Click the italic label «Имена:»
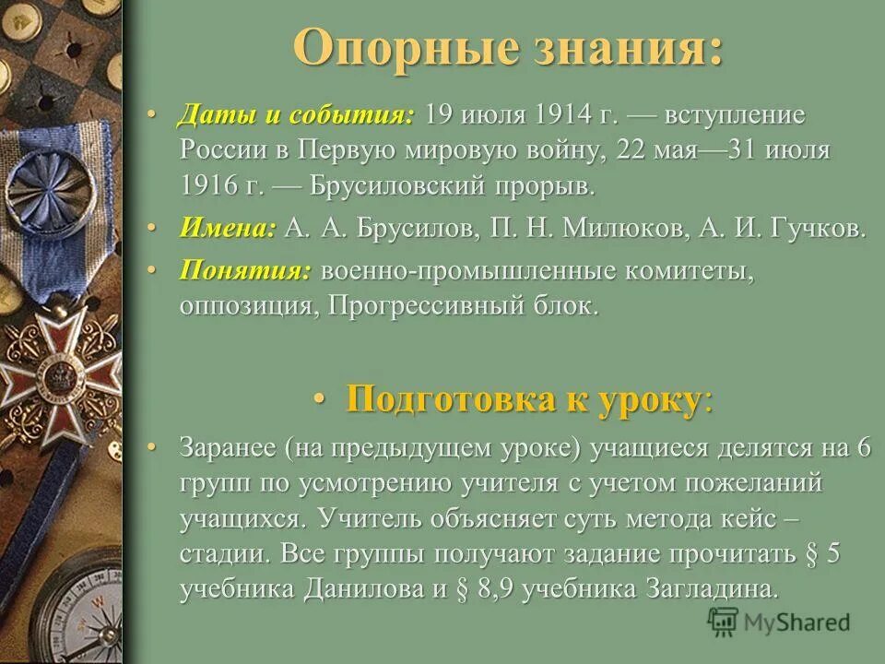228,229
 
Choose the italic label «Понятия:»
244,271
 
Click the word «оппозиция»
247,306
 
